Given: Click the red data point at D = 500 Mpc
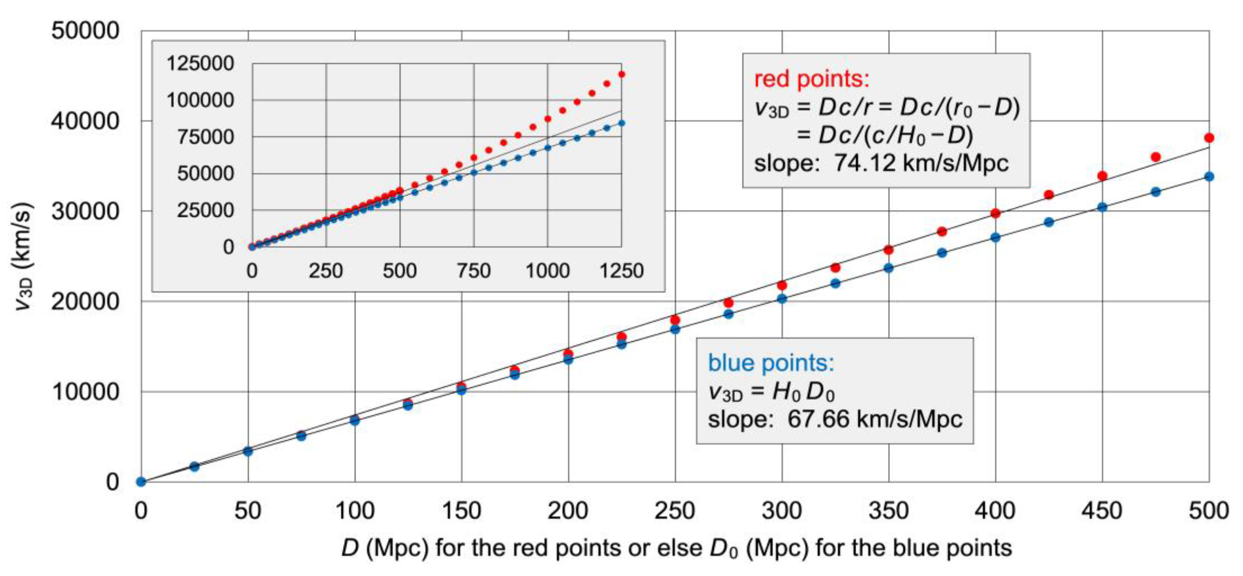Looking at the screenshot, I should click(x=1209, y=138).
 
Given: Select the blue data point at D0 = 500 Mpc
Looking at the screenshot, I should click(x=1209, y=177).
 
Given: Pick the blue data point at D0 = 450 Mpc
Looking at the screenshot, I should click(x=1102, y=207).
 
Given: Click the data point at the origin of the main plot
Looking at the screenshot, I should click(x=141, y=481).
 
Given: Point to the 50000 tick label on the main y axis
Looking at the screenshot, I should click(x=85, y=31).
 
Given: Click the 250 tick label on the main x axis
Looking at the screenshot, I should click(x=675, y=511).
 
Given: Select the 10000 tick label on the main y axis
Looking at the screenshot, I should click(x=85, y=392).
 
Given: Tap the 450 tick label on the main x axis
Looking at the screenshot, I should click(x=1102, y=511).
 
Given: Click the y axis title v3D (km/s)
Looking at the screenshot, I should click(x=23, y=256).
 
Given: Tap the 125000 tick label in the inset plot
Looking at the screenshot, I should click(x=200, y=63).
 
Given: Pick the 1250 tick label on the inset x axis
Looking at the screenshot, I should click(x=621, y=271).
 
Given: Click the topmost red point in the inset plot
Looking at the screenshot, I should click(x=621, y=74).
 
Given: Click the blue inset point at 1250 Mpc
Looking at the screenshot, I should click(x=621, y=123).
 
